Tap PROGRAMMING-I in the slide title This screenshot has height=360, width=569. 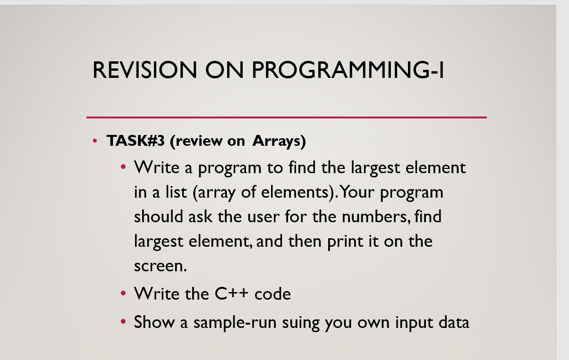(x=348, y=70)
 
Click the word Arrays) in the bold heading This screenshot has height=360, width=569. (x=279, y=141)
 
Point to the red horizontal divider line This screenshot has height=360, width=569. (x=286, y=117)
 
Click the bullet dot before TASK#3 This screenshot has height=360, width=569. (x=95, y=141)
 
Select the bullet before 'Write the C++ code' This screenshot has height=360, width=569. (x=123, y=293)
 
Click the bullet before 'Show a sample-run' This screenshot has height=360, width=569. (x=123, y=322)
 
